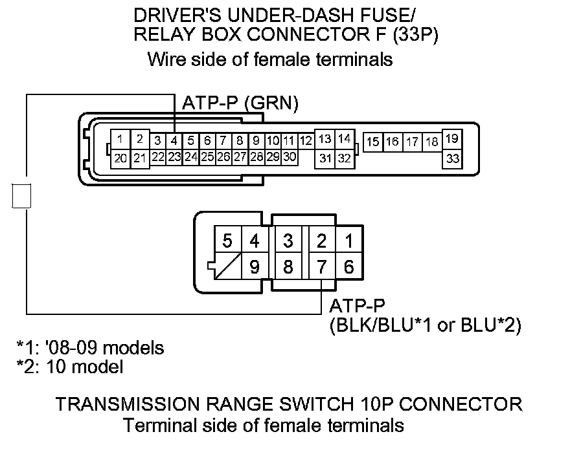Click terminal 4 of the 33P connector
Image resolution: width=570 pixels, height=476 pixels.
[174, 140]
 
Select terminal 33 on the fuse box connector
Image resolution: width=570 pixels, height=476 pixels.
[453, 157]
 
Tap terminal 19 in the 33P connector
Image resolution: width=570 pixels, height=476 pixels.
[453, 138]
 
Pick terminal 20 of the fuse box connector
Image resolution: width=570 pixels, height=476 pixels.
[120, 157]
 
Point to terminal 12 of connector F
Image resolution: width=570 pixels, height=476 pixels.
[306, 140]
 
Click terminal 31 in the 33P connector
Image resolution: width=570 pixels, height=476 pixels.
[325, 157]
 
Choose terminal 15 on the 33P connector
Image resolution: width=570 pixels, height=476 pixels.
[373, 142]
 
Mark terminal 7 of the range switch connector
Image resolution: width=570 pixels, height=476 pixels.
[322, 266]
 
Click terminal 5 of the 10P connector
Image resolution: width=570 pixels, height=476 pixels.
[227, 241]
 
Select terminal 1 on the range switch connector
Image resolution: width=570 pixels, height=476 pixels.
[348, 241]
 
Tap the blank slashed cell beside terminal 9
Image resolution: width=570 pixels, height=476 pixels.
[227, 266]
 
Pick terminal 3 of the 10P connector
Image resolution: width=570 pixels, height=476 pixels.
[288, 241]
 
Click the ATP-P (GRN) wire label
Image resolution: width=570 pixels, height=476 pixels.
[240, 103]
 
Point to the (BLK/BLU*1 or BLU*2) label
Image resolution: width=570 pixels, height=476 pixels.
[425, 325]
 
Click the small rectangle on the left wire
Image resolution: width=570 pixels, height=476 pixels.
[21, 195]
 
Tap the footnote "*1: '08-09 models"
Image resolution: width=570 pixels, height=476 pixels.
[90, 348]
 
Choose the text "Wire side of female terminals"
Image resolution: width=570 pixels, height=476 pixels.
[270, 60]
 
